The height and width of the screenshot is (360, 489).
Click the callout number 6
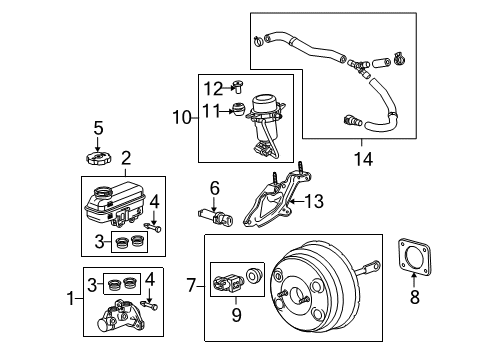[x=214, y=187]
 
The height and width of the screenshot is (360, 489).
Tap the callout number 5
[x=97, y=127]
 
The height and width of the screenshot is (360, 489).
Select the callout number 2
[x=126, y=157]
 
